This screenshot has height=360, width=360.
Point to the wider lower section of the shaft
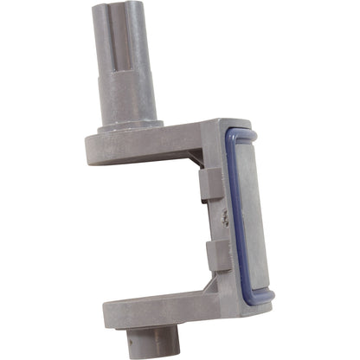[128, 95]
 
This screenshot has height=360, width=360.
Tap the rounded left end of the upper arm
[93, 147]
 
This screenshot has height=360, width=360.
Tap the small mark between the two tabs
[223, 218]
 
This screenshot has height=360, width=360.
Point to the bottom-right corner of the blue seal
[268, 299]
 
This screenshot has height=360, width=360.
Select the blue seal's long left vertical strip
[232, 216]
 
